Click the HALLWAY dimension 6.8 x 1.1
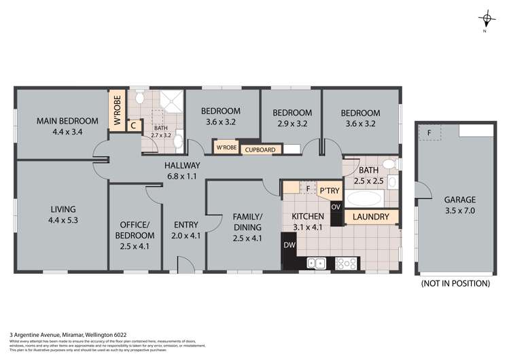[181, 175]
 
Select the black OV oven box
[335, 207]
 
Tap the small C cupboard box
[134, 126]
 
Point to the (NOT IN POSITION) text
[455, 283]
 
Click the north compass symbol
[484, 19]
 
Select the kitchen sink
[316, 262]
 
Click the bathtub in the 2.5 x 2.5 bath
[366, 199]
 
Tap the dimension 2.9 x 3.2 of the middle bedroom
[292, 124]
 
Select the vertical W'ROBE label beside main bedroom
[117, 111]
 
